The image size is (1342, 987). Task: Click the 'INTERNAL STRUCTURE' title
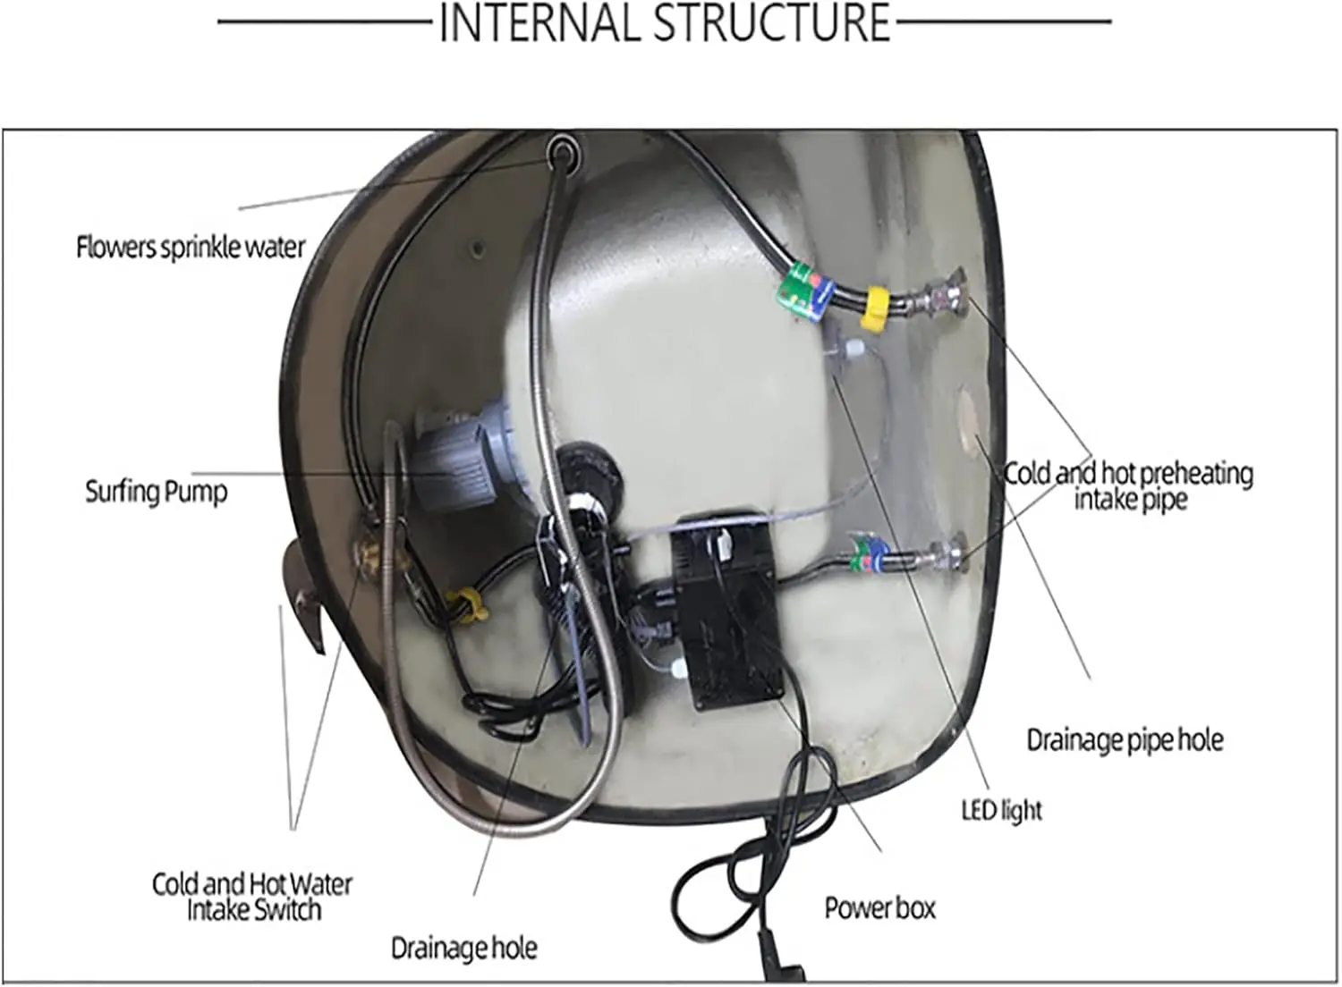point(665,22)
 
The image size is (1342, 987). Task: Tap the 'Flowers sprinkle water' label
point(191,248)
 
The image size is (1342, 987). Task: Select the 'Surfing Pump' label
point(157,492)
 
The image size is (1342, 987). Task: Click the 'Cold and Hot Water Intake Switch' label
point(252,898)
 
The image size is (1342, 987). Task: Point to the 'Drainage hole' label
point(464,948)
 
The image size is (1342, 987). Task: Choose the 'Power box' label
point(880,908)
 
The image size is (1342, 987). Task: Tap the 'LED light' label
point(1002,810)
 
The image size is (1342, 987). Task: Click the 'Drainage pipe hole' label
point(1125,740)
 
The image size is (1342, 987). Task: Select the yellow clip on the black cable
point(467,605)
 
